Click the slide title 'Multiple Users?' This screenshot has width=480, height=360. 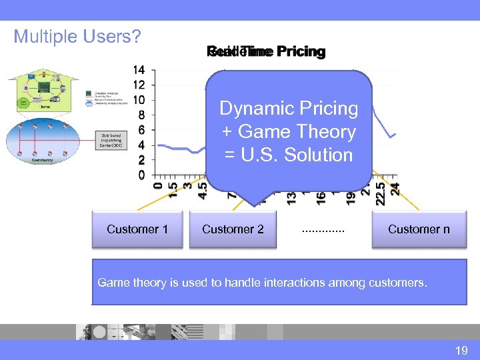coord(77,36)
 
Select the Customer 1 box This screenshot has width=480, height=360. coord(137,229)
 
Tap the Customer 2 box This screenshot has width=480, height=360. coord(233,229)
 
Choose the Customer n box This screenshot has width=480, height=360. coord(419,229)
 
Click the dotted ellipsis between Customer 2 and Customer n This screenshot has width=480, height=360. coord(323,230)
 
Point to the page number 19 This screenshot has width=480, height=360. coord(461,350)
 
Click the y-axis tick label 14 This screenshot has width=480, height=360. coord(139,70)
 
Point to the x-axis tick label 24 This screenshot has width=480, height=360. coord(395,189)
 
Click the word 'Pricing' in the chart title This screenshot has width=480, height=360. coord(301,52)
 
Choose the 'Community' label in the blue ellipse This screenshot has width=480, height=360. coord(42,161)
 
